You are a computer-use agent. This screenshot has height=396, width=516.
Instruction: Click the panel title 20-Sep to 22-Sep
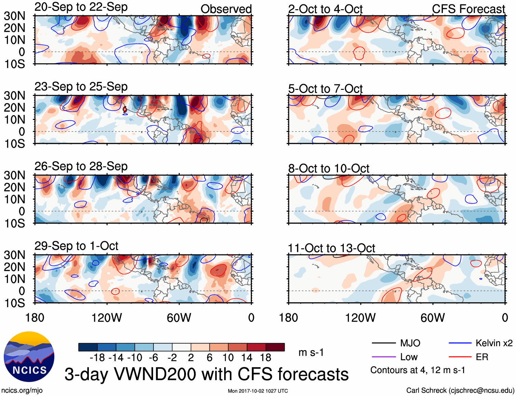pos(81,7)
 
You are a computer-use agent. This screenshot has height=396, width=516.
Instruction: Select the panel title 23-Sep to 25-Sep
pos(81,87)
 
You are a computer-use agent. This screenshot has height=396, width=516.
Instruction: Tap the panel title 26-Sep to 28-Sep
pos(81,166)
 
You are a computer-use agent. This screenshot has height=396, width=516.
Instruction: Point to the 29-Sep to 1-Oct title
pos(76,246)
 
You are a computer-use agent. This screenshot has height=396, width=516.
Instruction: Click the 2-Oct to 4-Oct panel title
pos(325,9)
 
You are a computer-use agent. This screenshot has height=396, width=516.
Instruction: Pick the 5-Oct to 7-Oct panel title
pos(325,89)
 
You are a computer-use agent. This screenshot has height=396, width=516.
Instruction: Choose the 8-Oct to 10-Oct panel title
pos(328,168)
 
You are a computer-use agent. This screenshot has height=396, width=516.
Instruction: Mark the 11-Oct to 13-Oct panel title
pos(331,248)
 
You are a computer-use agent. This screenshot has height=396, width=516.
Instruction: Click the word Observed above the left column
pos(226,9)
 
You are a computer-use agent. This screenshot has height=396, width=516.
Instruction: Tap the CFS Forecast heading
pos(468,9)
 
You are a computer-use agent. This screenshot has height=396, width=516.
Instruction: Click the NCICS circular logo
pos(29,357)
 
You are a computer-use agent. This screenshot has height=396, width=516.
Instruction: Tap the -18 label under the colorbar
pos(97,358)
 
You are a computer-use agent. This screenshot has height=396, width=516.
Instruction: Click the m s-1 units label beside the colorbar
pos(311,352)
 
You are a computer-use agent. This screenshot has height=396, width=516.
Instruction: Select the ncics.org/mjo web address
pos(22,391)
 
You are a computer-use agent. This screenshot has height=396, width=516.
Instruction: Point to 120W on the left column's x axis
pos(107,318)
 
